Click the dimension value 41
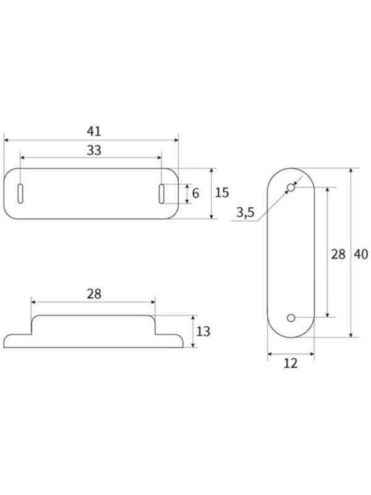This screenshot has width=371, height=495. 93,131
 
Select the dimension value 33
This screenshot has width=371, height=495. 93,149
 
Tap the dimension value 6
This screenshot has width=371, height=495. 195,193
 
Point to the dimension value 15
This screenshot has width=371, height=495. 222,192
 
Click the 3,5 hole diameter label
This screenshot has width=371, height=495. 245,213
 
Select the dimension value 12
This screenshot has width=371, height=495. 290,363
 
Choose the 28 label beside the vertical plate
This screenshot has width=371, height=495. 337,253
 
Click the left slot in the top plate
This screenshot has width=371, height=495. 20,192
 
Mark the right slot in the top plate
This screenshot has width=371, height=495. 161,192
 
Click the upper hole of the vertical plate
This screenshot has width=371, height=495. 291,186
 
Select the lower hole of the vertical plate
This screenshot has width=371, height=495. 291,317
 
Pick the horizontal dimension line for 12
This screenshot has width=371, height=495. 290,353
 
